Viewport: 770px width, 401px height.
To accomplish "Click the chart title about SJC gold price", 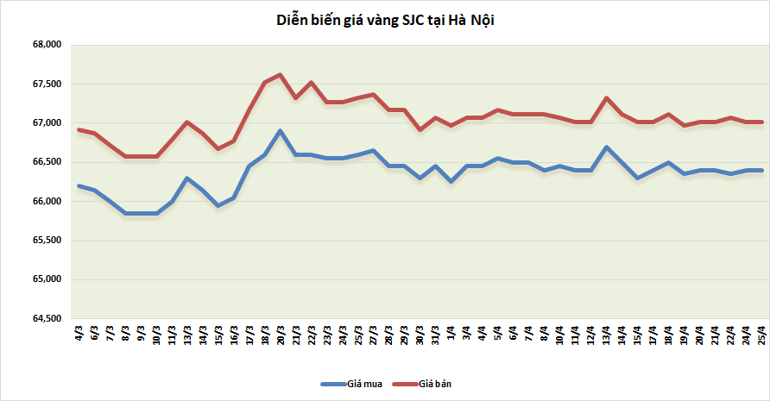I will click(x=384, y=20).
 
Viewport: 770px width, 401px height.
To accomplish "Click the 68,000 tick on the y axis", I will click(x=45, y=45).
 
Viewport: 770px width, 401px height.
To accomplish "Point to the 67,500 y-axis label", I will click(x=45, y=84).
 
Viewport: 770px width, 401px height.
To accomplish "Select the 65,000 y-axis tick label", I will click(x=45, y=279).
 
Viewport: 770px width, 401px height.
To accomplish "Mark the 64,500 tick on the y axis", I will click(x=45, y=318).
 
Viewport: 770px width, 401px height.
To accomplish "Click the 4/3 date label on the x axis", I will click(x=79, y=334).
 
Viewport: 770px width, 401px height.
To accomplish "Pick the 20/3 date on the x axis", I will click(x=281, y=335).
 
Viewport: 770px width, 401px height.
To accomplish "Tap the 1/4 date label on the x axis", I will click(x=451, y=334).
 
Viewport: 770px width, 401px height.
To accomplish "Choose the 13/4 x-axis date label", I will click(x=607, y=335).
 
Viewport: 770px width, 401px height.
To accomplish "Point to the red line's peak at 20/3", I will click(x=281, y=74).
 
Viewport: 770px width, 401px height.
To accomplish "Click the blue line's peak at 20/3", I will click(x=281, y=131).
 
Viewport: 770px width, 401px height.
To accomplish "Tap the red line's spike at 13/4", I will click(x=606, y=97).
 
